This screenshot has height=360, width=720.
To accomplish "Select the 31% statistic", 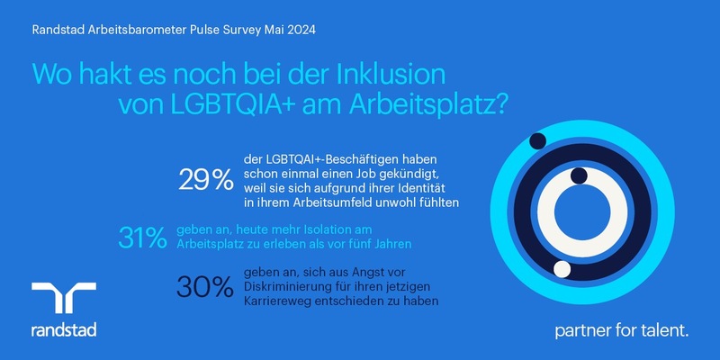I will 142,238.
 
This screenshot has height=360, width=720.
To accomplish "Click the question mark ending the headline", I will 502,104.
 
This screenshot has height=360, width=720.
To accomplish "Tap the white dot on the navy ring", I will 562,268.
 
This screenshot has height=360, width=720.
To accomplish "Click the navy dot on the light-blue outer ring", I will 538,140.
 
